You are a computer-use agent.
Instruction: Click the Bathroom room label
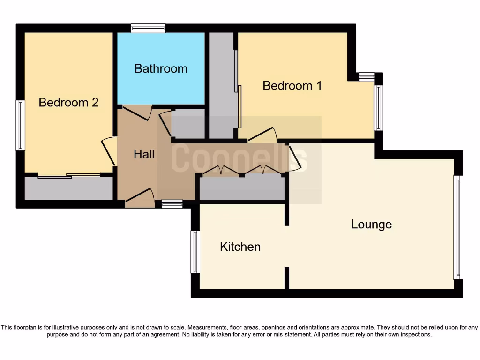click(161, 68)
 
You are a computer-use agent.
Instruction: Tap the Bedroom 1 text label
click(292, 86)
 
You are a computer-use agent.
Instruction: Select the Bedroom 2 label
click(68, 102)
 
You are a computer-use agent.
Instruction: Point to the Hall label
click(144, 154)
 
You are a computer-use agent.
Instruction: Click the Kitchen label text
click(240, 247)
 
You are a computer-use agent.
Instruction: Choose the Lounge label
click(371, 225)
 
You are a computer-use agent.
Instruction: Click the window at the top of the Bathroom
click(148, 29)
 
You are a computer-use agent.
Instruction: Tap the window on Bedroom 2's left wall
click(20, 125)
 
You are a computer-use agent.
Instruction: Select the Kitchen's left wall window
click(195, 251)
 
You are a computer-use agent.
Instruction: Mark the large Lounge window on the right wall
click(458, 227)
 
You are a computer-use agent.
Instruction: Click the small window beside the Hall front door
click(172, 203)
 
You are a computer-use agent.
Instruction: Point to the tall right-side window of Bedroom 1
click(378, 107)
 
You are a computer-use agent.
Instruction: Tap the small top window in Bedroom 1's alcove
click(367, 76)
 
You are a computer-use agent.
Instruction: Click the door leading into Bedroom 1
click(262, 135)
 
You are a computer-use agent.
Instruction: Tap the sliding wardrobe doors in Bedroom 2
click(69, 176)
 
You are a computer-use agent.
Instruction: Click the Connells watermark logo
click(239, 158)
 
